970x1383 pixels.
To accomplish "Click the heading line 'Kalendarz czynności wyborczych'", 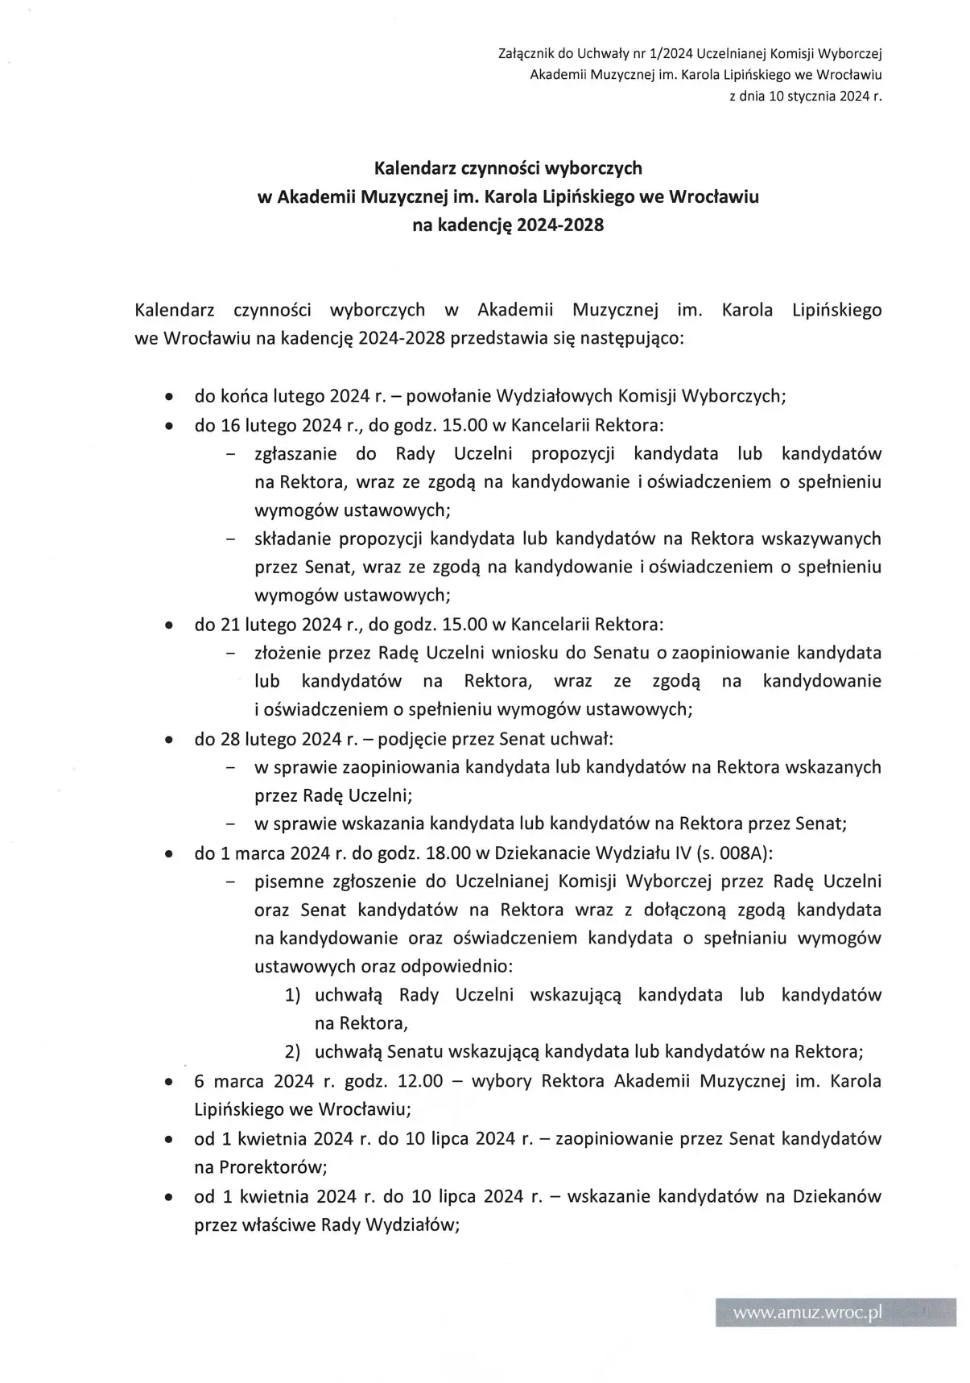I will [508, 168].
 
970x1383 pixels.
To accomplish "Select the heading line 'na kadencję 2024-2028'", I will [508, 225].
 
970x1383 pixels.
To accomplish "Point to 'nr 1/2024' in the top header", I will [665, 54].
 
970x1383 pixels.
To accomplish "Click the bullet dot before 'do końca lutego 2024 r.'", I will [168, 397].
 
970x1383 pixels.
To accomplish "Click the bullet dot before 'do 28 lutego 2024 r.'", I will [168, 739].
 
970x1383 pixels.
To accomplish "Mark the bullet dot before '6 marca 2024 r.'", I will [168, 1082].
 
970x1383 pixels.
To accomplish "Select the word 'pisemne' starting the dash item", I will [286, 881].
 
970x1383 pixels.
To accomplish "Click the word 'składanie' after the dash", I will [292, 539].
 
